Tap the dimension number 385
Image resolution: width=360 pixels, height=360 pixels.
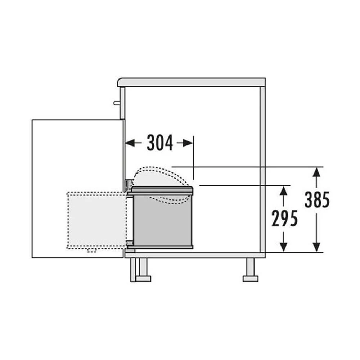[x=317, y=199]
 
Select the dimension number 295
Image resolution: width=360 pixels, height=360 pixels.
[x=284, y=218]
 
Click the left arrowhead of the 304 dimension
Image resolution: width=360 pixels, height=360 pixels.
[x=130, y=143]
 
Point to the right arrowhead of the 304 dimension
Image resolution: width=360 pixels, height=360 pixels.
[x=189, y=143]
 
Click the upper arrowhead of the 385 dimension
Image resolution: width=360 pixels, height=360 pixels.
[x=316, y=172]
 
